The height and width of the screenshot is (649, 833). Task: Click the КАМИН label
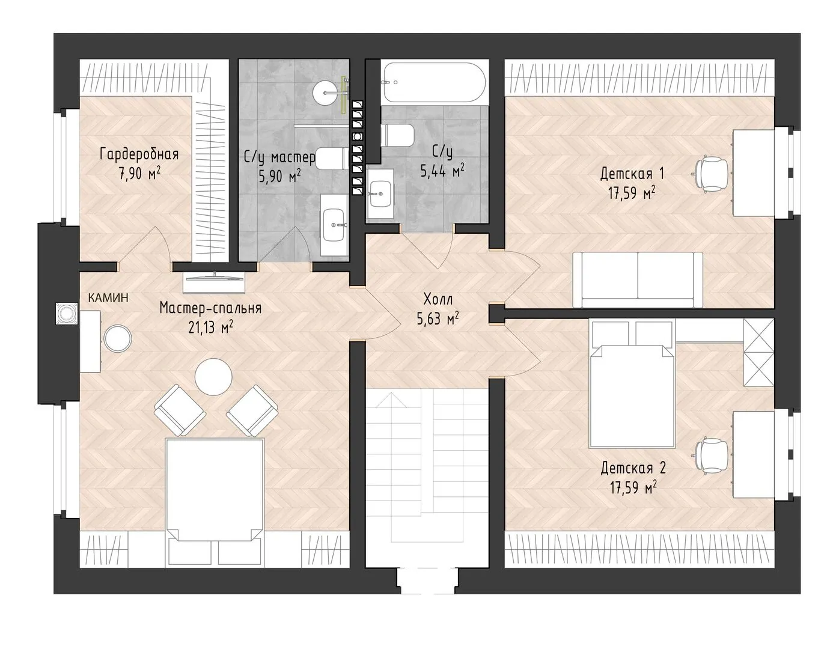(x=108, y=297)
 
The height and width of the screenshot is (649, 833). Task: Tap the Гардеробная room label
(x=139, y=154)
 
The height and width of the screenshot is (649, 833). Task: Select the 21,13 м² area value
(x=211, y=327)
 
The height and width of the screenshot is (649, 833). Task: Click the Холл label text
(x=438, y=299)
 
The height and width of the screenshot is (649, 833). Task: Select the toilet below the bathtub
(x=398, y=135)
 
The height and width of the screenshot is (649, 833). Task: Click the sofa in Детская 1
(x=638, y=279)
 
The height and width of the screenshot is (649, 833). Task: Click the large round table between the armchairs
(x=213, y=377)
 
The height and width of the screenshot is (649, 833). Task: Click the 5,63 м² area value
(x=438, y=318)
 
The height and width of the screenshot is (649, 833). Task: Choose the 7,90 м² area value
(x=139, y=173)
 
